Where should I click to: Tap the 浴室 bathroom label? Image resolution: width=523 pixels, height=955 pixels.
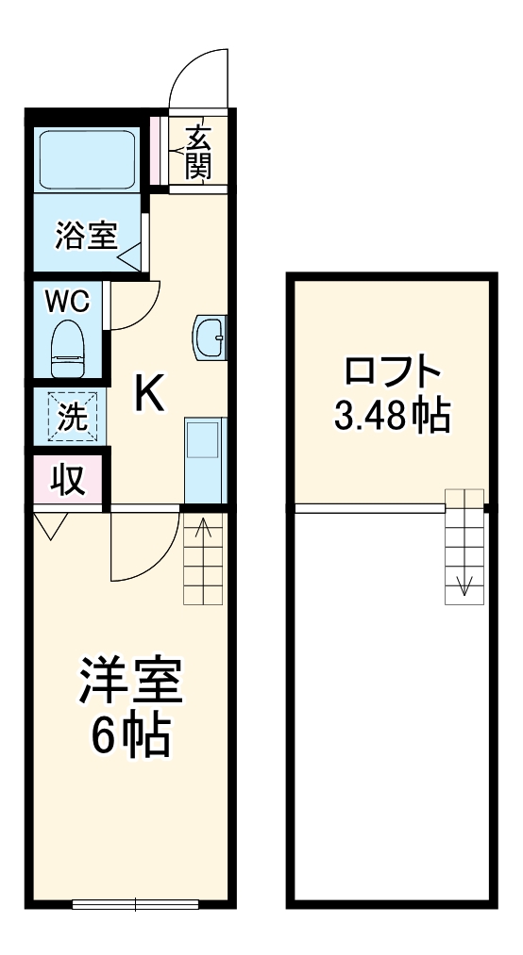(85, 236)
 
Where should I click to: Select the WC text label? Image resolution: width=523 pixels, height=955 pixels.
(68, 302)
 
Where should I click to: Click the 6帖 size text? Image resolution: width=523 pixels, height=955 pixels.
(129, 737)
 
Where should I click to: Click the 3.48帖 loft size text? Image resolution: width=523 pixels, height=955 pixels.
(392, 415)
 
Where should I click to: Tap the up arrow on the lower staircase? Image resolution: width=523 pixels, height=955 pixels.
(201, 530)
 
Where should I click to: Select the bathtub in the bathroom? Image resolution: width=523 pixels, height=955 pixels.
(87, 156)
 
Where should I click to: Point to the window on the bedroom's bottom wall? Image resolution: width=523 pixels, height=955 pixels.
(136, 905)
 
